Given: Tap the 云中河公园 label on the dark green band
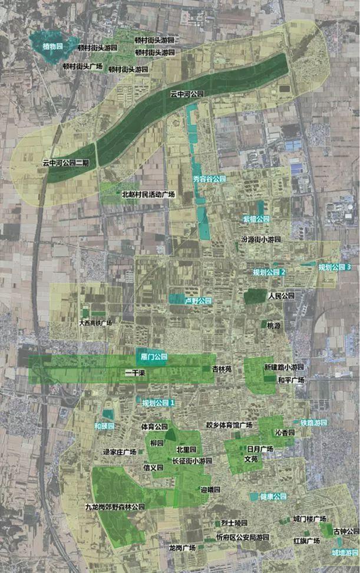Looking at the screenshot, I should [x=187, y=94].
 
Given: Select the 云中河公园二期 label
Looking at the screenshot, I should [x=65, y=162].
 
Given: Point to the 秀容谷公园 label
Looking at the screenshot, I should [x=209, y=179].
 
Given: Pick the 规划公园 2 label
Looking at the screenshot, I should [x=269, y=272].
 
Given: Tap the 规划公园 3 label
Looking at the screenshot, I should [x=335, y=267].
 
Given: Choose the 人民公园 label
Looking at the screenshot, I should [x=280, y=295].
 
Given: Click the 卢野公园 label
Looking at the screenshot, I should [x=198, y=301].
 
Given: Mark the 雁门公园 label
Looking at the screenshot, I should [x=155, y=357].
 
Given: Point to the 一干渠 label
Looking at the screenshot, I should [x=137, y=373].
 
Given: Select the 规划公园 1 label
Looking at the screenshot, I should [x=159, y=403].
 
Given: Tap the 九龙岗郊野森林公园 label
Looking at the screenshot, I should [x=115, y=506].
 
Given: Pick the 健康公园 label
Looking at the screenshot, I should [x=273, y=496].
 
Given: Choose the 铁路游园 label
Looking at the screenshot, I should [x=313, y=423].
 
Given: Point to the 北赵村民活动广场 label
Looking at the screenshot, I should [x=148, y=193].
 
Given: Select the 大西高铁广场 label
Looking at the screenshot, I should [x=95, y=323].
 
